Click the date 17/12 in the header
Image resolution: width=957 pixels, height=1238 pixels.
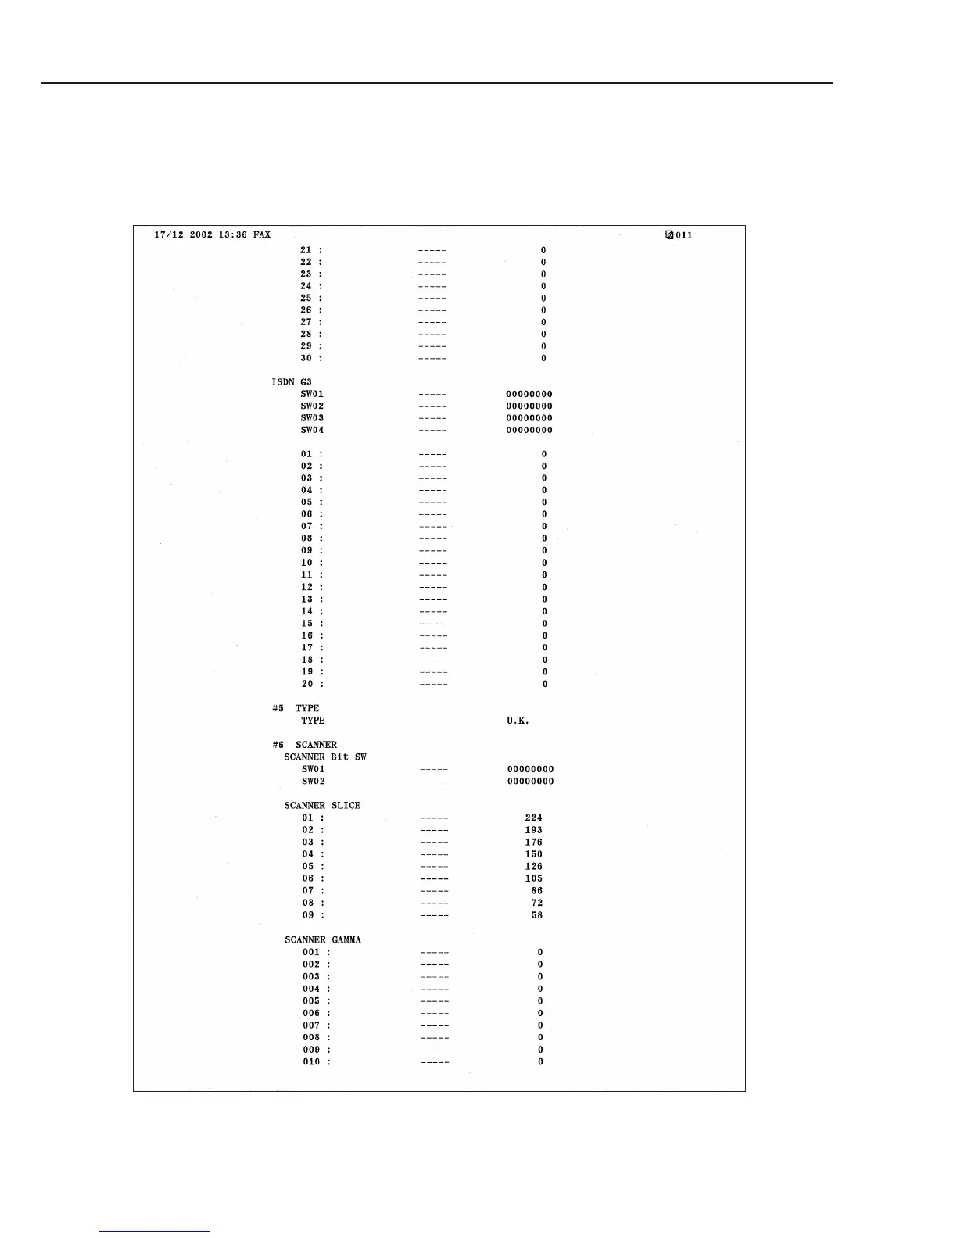(169, 235)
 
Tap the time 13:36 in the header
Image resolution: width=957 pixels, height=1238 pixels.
(232, 235)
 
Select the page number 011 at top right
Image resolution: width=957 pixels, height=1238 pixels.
(684, 235)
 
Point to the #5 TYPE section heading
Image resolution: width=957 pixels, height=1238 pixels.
(296, 708)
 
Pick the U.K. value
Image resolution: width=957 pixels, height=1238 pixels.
(518, 721)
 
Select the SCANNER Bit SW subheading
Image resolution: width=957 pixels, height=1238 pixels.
(325, 757)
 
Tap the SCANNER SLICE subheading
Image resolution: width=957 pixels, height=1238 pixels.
(322, 805)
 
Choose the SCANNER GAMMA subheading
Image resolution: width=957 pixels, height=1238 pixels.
(323, 939)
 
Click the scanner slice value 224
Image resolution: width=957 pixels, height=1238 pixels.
(533, 818)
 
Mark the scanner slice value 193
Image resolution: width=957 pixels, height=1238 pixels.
(533, 830)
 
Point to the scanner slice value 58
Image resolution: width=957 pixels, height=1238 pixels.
(536, 915)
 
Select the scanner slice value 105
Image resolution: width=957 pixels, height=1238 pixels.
(533, 878)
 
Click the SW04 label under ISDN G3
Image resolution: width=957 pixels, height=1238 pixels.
(312, 430)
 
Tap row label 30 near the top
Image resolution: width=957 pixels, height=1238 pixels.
(306, 358)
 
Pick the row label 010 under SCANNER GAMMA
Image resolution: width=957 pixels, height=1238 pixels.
(311, 1062)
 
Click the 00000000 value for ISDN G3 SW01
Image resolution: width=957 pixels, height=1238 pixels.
(529, 394)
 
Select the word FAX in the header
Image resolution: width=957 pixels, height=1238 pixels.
(262, 235)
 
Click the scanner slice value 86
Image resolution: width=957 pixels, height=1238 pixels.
(536, 891)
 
